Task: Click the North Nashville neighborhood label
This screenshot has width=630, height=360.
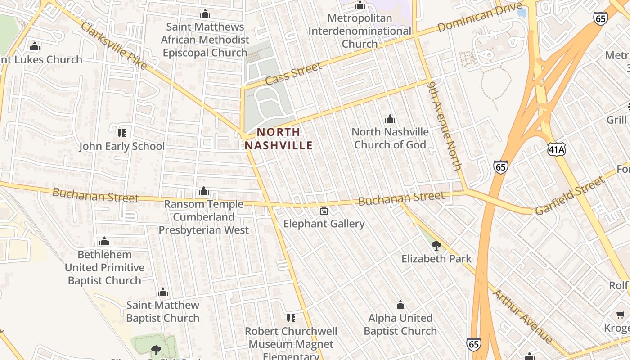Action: (x=278, y=139)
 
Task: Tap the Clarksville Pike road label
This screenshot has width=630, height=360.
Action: (x=113, y=45)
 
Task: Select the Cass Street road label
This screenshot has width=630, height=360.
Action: (x=293, y=74)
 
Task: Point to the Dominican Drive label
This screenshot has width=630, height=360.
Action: (x=480, y=17)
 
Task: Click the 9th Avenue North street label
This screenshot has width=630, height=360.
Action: (x=445, y=126)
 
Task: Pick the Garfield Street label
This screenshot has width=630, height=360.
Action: (x=570, y=196)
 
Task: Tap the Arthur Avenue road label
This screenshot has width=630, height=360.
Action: (x=522, y=316)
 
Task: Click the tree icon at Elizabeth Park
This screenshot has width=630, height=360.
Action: (x=436, y=246)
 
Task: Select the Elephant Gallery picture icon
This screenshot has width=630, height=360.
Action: (x=324, y=211)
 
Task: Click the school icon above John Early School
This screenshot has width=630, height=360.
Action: (x=121, y=133)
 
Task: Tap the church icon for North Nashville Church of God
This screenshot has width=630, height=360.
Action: (x=390, y=119)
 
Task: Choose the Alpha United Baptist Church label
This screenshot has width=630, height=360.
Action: (x=400, y=324)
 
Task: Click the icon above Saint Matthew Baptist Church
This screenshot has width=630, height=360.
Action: (x=163, y=292)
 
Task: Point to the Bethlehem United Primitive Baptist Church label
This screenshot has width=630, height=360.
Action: (x=104, y=267)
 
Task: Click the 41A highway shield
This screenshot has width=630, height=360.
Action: (x=556, y=149)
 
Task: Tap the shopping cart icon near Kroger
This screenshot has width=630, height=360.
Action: (x=621, y=315)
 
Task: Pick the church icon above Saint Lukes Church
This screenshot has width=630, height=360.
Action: (x=35, y=47)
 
